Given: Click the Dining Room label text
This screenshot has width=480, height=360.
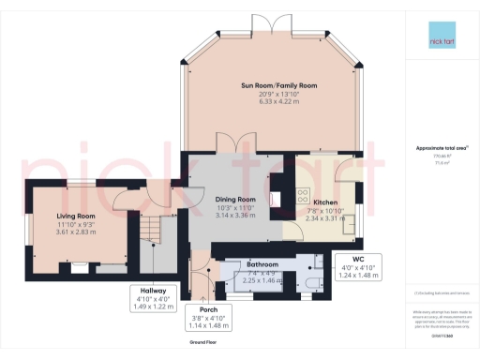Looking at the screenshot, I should tap(235, 200).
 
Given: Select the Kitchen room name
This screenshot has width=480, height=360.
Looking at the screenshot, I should tap(325, 202).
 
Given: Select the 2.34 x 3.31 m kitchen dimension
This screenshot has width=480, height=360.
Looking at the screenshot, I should tap(325, 217).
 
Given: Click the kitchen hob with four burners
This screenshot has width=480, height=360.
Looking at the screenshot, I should tap(304, 196).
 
